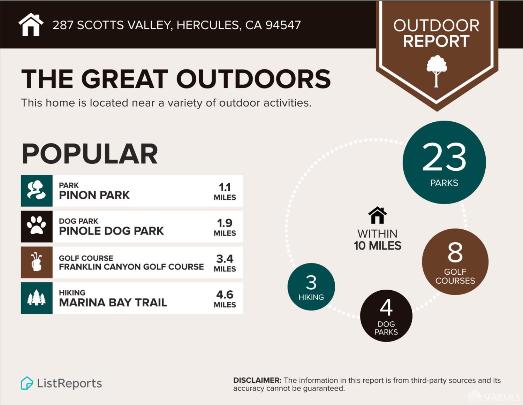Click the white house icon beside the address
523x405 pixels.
31,25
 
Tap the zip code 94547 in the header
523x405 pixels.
283,25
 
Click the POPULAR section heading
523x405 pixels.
90,154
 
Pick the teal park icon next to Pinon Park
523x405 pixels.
37,191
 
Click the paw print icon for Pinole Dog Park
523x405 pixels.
37,226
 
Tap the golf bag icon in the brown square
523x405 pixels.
37,262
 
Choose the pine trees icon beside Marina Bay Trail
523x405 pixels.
37,298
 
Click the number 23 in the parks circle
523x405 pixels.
444,157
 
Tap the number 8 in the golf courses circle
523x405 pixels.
455,252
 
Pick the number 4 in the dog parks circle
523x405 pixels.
386,307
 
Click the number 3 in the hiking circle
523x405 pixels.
311,283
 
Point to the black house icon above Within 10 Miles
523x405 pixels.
377,215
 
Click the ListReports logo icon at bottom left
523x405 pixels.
27,383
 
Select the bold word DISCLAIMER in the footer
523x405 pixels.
257,380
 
